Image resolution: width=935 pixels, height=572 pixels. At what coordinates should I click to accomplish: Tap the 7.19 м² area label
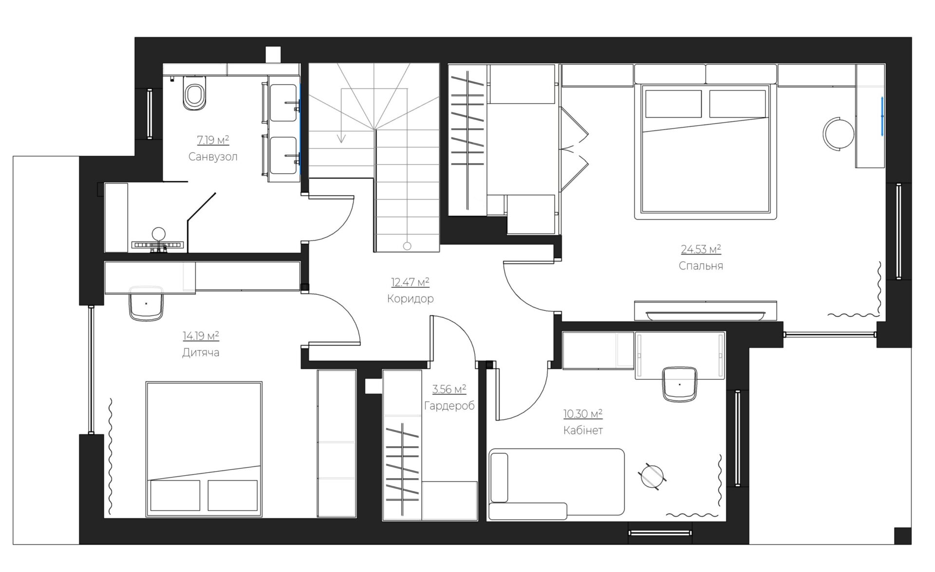(x=213, y=140)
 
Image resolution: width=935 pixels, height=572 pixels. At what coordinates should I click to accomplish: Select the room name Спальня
(x=701, y=266)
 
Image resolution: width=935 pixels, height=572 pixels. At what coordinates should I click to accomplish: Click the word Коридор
(x=410, y=298)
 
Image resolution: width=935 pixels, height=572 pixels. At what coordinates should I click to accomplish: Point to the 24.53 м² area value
(x=701, y=249)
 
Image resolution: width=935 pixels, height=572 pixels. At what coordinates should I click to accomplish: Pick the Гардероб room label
(x=449, y=406)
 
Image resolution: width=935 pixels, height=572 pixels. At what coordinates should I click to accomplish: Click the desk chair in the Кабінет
(x=680, y=384)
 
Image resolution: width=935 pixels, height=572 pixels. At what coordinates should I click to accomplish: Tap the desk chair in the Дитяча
(x=146, y=303)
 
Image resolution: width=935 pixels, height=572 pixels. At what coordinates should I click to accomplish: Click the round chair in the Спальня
(x=839, y=133)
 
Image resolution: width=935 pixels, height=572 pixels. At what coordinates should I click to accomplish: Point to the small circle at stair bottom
(x=407, y=246)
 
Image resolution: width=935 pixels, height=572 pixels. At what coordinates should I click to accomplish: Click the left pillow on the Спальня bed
(x=673, y=104)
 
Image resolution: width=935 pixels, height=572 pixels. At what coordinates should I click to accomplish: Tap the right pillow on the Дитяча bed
(x=233, y=496)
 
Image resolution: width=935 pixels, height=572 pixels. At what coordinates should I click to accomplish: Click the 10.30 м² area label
(x=583, y=414)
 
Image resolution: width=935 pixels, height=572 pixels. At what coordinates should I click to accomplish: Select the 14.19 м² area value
(x=201, y=336)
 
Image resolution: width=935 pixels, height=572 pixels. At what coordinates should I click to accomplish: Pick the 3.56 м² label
(x=449, y=389)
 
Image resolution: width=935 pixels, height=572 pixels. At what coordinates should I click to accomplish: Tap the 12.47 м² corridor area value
(x=410, y=282)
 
